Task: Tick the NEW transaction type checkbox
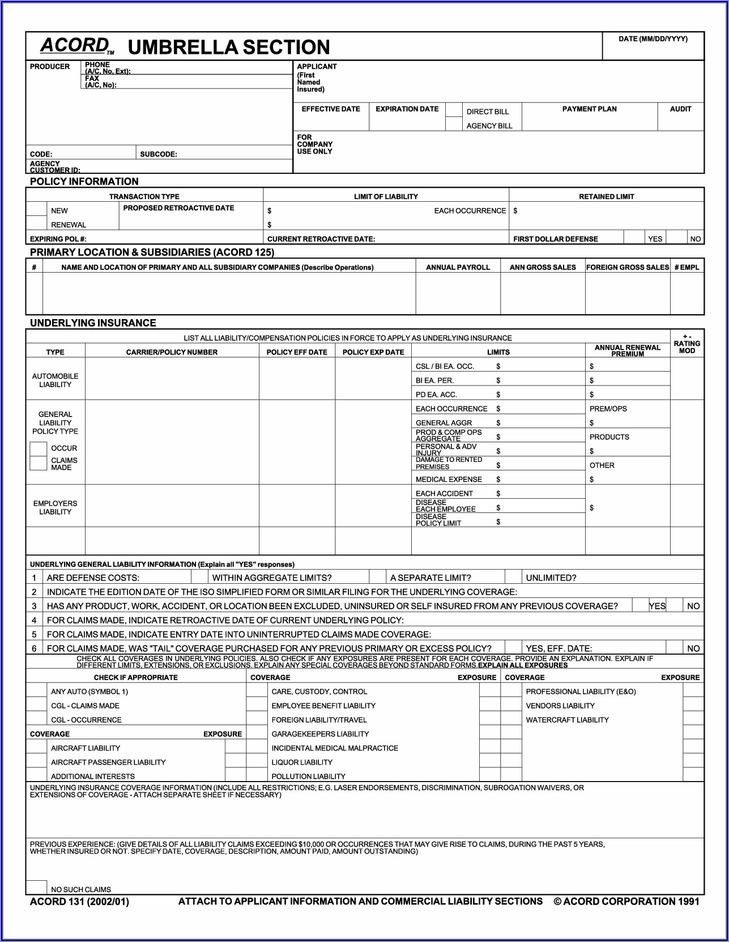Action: coord(36,210)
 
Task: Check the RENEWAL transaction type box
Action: coord(36,224)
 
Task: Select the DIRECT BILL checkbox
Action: coord(454,110)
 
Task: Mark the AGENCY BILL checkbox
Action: coord(454,125)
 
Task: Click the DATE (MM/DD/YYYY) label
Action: coord(653,39)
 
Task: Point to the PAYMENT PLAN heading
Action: coord(589,109)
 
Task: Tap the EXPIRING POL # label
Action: coord(58,239)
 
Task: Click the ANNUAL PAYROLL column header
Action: coord(458,268)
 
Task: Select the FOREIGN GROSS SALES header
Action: coord(628,268)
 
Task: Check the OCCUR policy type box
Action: coord(38,448)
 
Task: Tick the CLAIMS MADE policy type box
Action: coord(38,463)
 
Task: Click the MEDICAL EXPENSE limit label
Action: coord(449,480)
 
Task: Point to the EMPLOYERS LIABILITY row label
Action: coord(55,507)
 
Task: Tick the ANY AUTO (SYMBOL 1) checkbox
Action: coord(36,691)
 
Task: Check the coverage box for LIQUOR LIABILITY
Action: coord(257,762)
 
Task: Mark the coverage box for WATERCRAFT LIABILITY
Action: coord(511,719)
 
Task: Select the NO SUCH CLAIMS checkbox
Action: coord(37,888)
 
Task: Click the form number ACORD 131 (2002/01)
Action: coord(79,902)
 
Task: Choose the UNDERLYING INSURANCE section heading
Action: coord(93,323)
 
